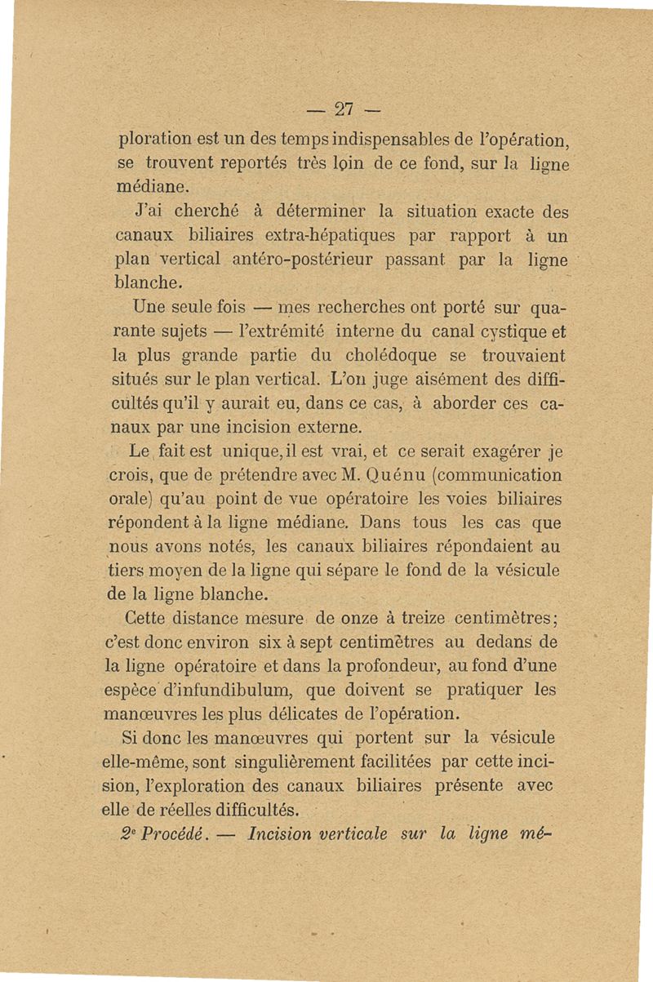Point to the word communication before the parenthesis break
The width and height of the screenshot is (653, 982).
(499, 474)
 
